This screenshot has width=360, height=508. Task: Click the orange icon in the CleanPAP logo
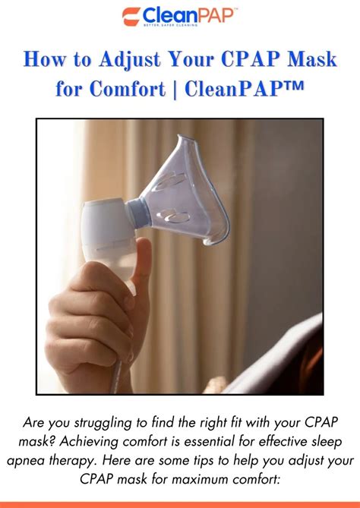pyautogui.click(x=130, y=16)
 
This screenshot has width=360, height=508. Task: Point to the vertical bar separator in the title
pyautogui.click(x=175, y=89)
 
